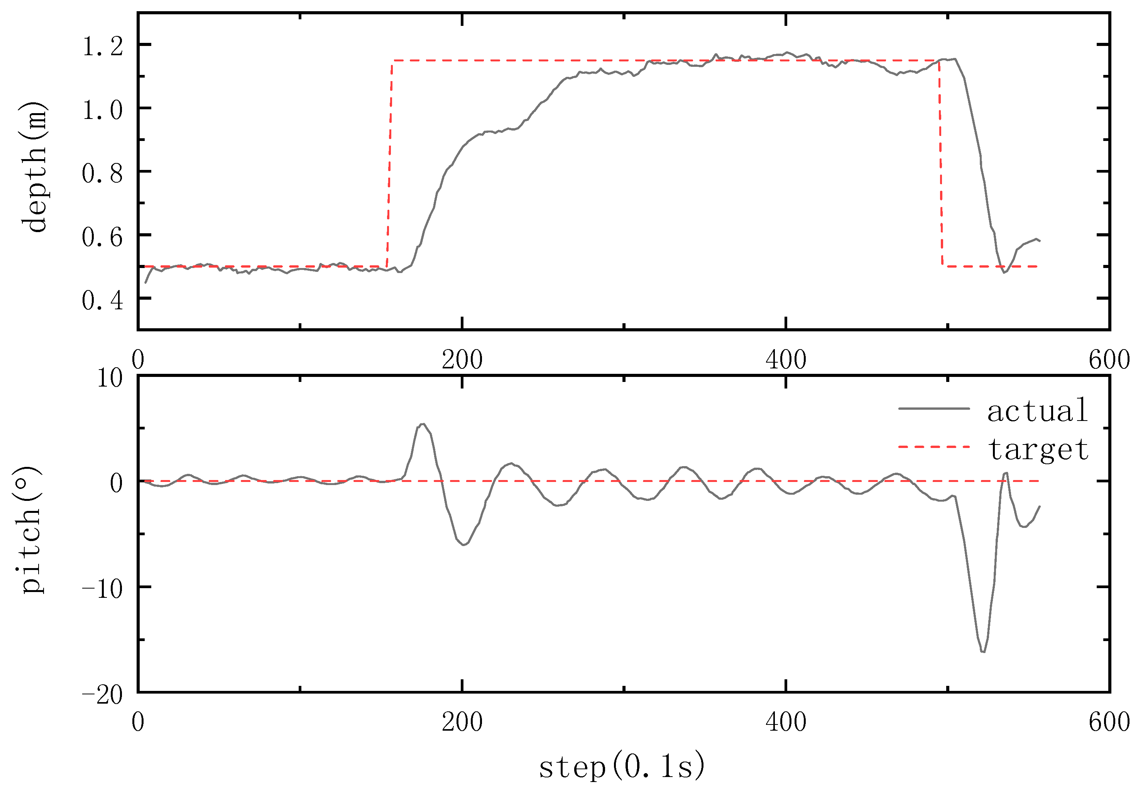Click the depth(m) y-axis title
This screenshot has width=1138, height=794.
click(x=34, y=167)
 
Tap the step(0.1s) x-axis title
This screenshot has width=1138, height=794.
click(x=622, y=766)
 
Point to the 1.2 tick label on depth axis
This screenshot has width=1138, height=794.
click(x=102, y=47)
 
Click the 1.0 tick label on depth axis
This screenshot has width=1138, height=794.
click(x=102, y=110)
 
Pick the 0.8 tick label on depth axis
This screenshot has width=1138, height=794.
click(x=102, y=173)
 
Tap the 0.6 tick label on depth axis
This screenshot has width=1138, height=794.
click(x=102, y=237)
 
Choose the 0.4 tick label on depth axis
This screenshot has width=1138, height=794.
click(x=102, y=300)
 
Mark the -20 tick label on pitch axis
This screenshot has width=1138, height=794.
click(x=102, y=695)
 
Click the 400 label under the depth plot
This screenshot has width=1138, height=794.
click(x=786, y=360)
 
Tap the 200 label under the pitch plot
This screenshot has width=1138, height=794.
click(x=462, y=722)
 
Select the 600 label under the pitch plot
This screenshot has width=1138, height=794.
click(x=1109, y=722)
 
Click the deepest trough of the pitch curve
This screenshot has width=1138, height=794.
click(x=983, y=651)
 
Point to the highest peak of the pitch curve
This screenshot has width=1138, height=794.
click(x=422, y=424)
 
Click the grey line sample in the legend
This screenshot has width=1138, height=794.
click(x=934, y=409)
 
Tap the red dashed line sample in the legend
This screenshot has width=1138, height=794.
click(x=934, y=447)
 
